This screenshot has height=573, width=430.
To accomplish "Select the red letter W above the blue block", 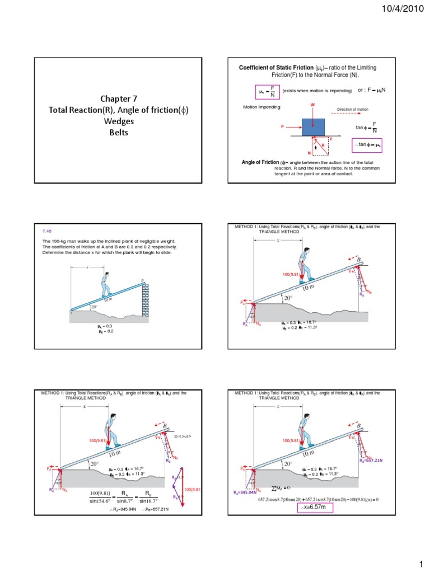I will [312, 104].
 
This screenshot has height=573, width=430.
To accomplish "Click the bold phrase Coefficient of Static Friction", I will [271, 68].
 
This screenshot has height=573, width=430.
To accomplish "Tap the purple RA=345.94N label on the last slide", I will [245, 492].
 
